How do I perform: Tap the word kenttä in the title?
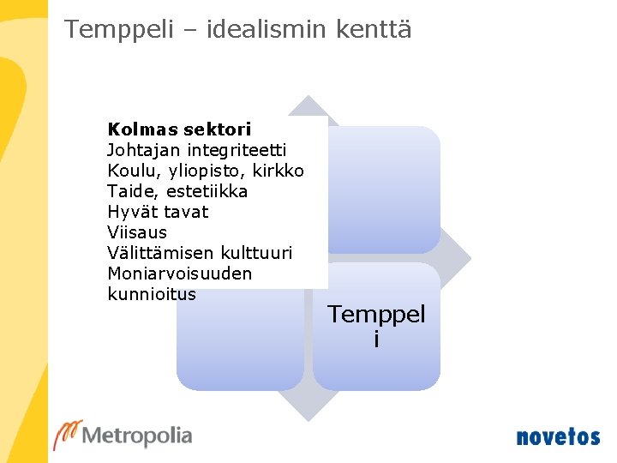tap(374, 30)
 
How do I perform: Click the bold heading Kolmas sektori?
tap(179, 129)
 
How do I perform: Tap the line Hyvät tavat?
tap(158, 212)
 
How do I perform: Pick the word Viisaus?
tap(137, 232)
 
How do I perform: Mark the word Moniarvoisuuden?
tap(180, 274)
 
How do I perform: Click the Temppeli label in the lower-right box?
tap(376, 326)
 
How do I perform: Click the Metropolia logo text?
tap(137, 436)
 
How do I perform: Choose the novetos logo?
tap(558, 436)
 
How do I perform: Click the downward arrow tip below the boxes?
tap(308, 416)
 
